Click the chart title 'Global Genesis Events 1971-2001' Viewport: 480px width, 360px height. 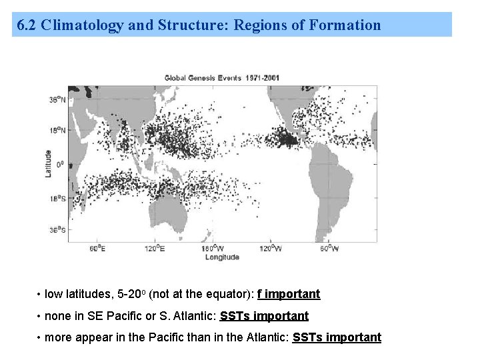point(223,77)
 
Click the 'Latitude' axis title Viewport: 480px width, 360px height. point(48,164)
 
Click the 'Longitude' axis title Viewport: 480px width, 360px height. point(223,257)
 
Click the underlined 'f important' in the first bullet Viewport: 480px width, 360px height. point(289,294)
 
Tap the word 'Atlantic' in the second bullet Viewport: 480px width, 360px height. point(196,315)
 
